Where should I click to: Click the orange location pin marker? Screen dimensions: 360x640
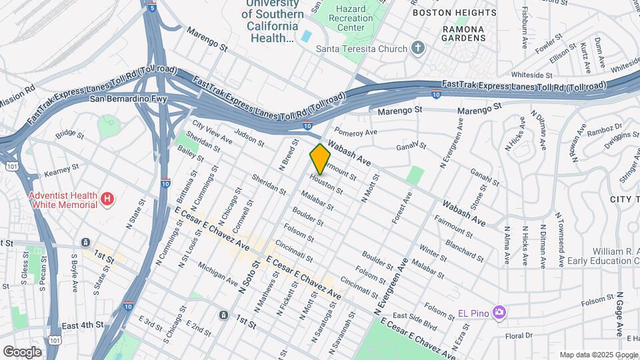click(x=320, y=159)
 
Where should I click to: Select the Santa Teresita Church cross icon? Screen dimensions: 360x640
click(x=418, y=47)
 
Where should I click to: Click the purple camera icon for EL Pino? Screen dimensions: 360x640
click(x=498, y=312)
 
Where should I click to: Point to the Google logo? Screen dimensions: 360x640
click(x=22, y=352)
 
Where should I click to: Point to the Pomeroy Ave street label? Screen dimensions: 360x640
click(x=356, y=132)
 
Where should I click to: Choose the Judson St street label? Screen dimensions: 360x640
click(x=250, y=138)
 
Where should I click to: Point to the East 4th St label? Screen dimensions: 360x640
click(x=83, y=325)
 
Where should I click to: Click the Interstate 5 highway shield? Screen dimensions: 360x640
click(x=153, y=8)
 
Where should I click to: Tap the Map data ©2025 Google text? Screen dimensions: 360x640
click(x=597, y=355)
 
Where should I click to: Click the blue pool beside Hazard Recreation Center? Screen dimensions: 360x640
click(x=306, y=35)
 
